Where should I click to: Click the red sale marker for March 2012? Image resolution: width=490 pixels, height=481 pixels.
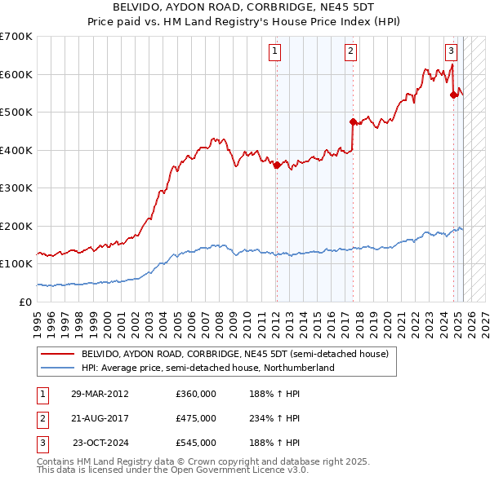click(x=276, y=165)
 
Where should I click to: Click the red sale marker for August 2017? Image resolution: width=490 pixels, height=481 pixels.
click(x=353, y=122)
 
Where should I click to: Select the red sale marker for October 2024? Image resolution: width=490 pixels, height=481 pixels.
click(x=454, y=95)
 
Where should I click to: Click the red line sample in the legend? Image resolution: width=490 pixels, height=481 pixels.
click(x=59, y=355)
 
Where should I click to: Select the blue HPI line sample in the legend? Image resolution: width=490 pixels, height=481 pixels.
click(x=59, y=368)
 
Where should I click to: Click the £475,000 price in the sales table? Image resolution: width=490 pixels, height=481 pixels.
click(x=195, y=418)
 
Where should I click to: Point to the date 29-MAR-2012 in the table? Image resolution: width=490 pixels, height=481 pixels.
click(x=100, y=394)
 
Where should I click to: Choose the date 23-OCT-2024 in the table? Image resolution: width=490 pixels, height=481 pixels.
click(x=100, y=443)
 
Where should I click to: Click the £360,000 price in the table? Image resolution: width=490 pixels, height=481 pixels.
click(x=195, y=394)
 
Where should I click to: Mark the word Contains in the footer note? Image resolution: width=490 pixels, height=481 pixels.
click(x=57, y=461)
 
